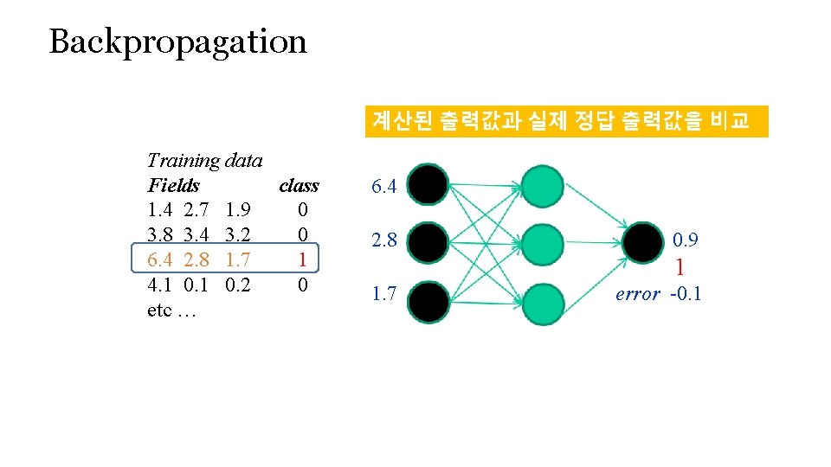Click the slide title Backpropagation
[177, 42]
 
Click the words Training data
[205, 160]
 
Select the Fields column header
[173, 185]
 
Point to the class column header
[299, 185]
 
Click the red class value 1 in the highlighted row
[301, 259]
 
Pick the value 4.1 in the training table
[161, 285]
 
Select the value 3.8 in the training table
[161, 234]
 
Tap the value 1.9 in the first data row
[237, 210]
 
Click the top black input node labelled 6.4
[428, 185]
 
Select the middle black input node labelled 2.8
[428, 241]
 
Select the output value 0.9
[686, 240]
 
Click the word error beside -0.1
[637, 294]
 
